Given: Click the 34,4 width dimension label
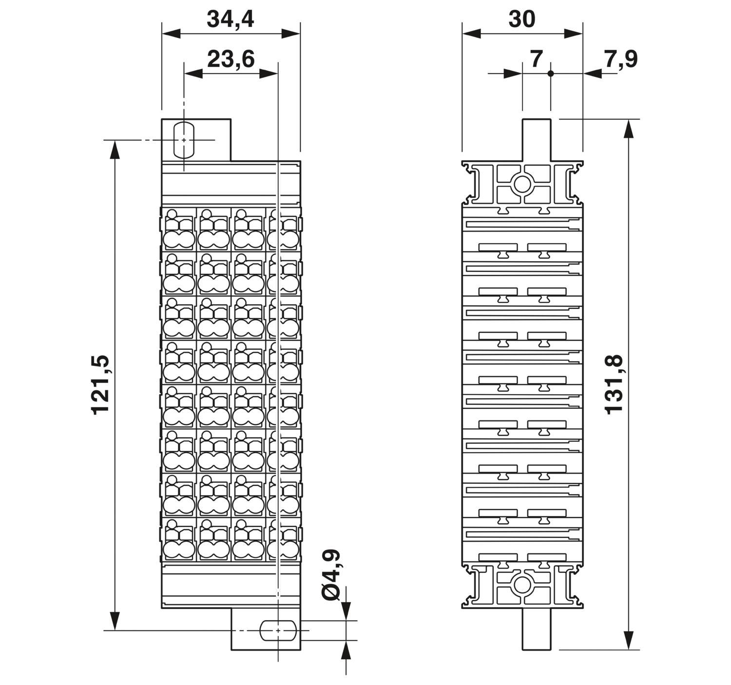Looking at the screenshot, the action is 231,19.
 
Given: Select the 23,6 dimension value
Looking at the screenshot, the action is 231,59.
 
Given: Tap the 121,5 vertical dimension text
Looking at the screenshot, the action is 100,385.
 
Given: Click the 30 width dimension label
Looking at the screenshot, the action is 522,19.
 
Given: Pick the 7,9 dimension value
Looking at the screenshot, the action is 620,59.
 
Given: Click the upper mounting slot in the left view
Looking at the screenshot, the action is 184,140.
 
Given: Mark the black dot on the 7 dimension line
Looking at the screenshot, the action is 551,74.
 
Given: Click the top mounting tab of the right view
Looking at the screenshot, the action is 537,140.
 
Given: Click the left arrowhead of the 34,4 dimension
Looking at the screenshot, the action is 171,34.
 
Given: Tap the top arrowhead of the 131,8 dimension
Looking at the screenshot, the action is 629,129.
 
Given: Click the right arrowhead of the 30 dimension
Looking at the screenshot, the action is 574,34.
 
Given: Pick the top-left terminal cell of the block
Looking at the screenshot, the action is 179,229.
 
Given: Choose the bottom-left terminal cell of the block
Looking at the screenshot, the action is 179,539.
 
